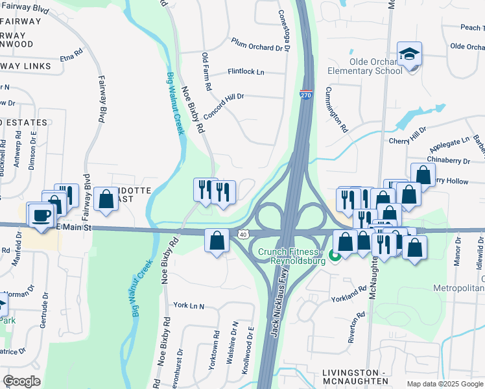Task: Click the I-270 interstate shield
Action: [x=307, y=95]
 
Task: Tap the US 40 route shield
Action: [x=242, y=233]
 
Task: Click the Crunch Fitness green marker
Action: [x=335, y=257]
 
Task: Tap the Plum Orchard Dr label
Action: [x=259, y=43]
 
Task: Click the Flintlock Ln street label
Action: [x=246, y=72]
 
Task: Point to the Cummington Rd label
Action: [x=337, y=110]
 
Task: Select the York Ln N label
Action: [x=188, y=305]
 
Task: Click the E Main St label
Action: [x=75, y=228]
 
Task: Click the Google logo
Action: [x=21, y=381]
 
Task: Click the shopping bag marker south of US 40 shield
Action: [x=217, y=241]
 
